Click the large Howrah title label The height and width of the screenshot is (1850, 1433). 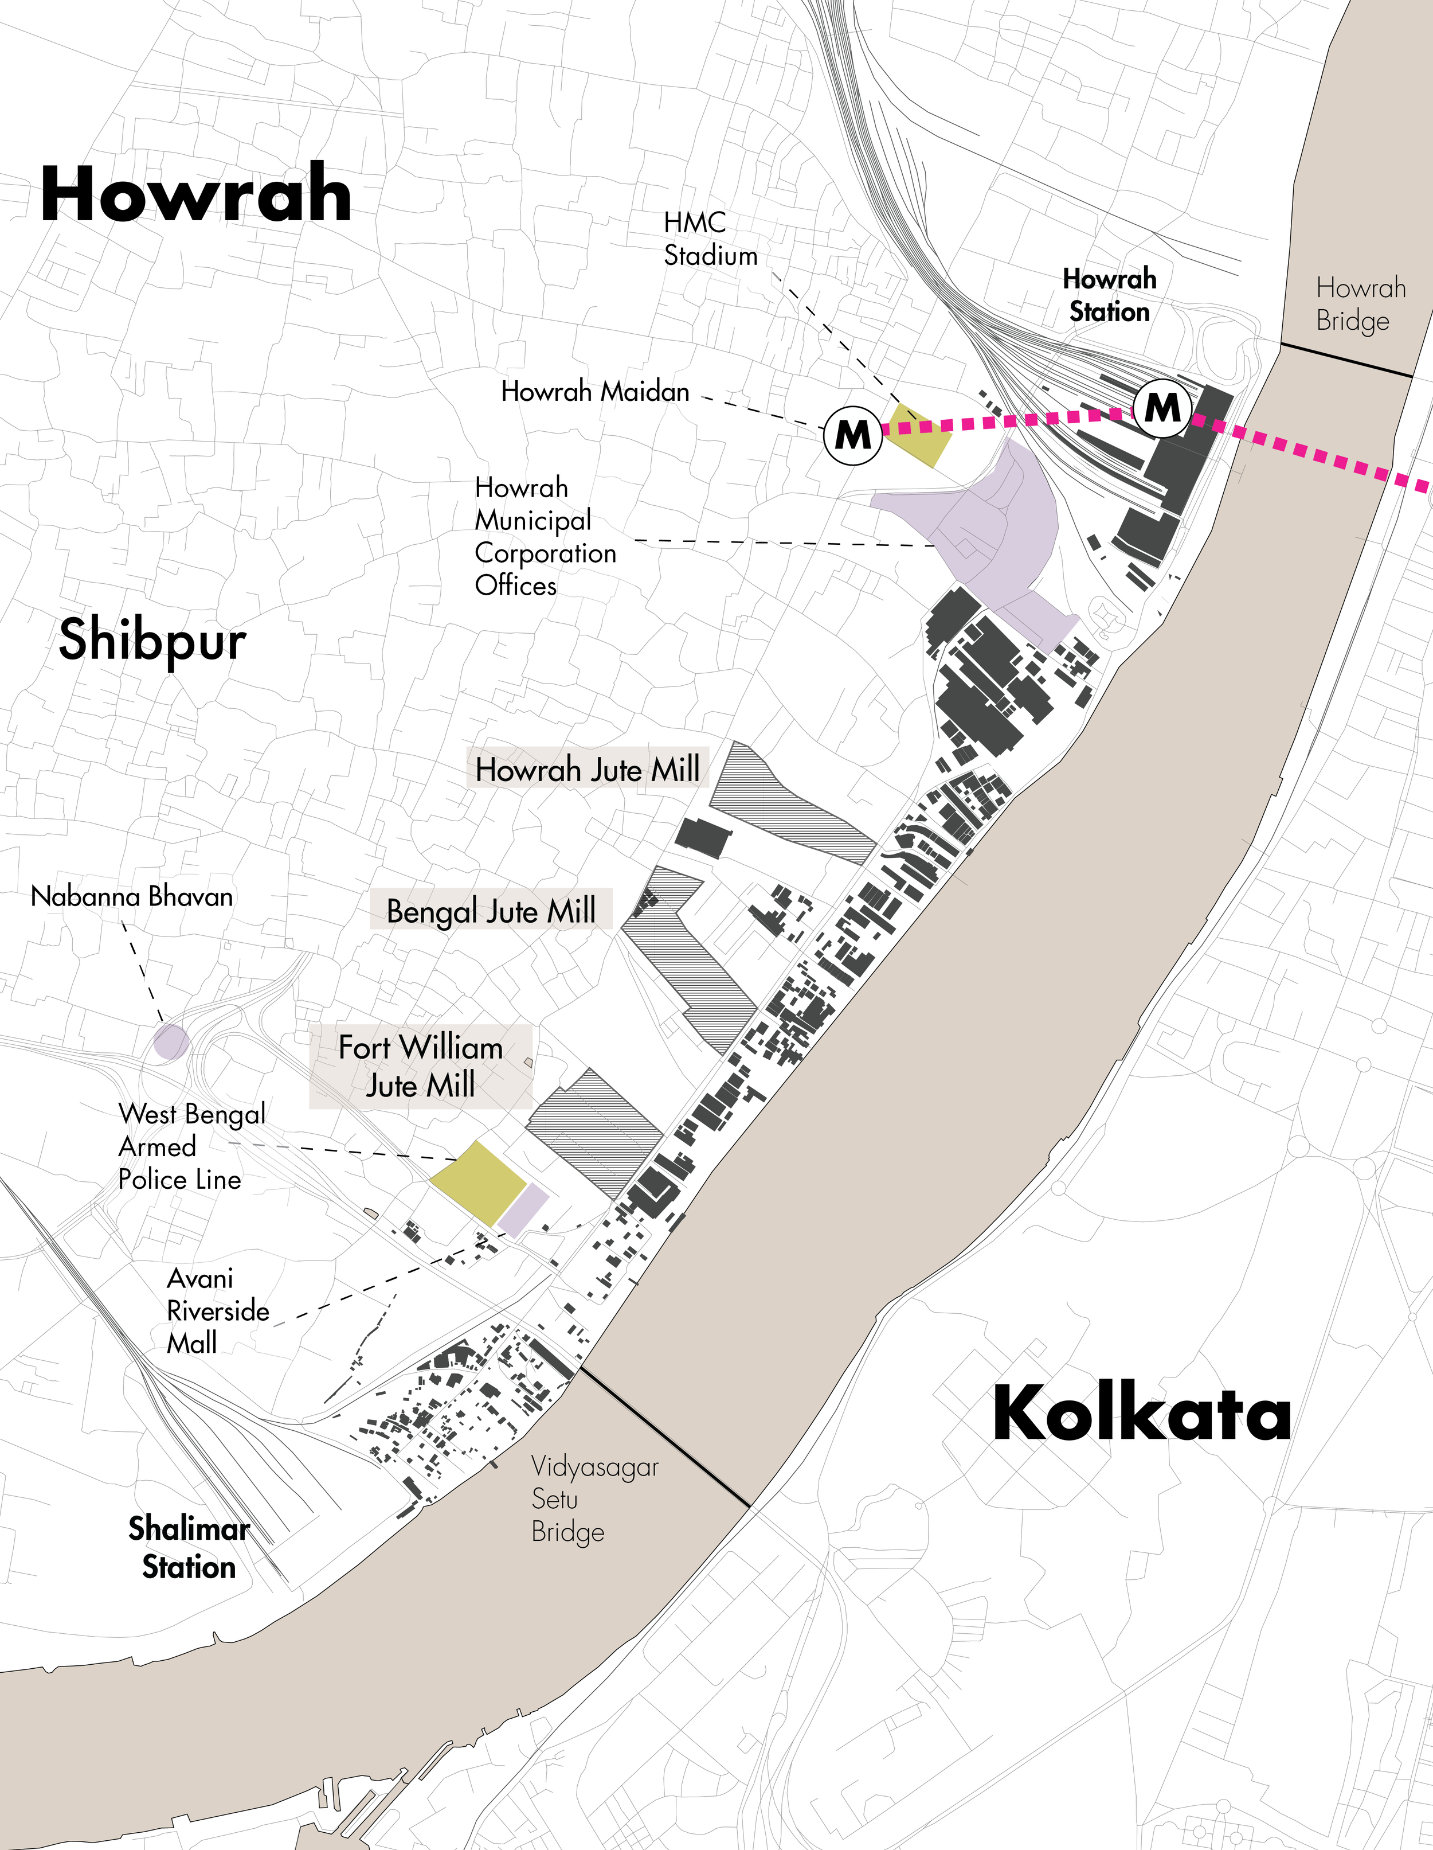point(195,195)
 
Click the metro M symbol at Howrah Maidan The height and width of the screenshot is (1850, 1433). point(853,435)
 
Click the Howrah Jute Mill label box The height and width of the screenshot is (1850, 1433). point(587,769)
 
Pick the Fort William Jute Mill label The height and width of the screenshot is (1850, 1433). point(420,1065)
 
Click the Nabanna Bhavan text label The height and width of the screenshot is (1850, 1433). point(131,896)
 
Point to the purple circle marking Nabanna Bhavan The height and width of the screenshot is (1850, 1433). point(170,1041)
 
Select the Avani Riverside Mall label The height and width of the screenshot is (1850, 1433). point(217,1310)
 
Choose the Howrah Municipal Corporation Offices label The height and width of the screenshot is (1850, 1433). point(545,536)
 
